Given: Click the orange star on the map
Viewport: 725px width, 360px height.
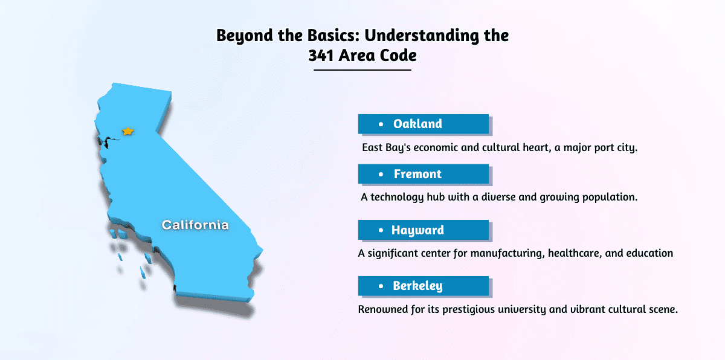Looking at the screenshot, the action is pyautogui.click(x=128, y=131).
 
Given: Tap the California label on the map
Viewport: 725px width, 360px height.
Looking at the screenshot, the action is pyautogui.click(x=195, y=225).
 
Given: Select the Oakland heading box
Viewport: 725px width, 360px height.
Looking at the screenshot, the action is pyautogui.click(x=424, y=124).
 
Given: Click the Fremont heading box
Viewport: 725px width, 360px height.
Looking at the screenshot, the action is pyautogui.click(x=424, y=174).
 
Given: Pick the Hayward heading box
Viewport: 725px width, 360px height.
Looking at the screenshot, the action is pyautogui.click(x=424, y=230).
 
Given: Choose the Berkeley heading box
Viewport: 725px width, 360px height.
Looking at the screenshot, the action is pyautogui.click(x=424, y=286).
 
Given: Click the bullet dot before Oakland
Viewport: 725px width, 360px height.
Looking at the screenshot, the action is pyautogui.click(x=381, y=124).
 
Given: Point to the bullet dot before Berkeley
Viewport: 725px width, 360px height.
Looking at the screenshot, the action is pyautogui.click(x=381, y=286).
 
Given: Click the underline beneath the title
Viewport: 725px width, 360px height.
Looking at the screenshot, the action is pyautogui.click(x=362, y=70).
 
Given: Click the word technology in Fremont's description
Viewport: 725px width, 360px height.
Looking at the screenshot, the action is pyautogui.click(x=397, y=198).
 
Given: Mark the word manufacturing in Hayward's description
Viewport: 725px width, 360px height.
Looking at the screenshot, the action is pyautogui.click(x=507, y=253).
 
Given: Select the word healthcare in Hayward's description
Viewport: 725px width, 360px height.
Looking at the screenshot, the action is pyautogui.click(x=575, y=253).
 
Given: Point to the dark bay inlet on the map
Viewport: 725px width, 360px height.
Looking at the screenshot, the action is pyautogui.click(x=108, y=141).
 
